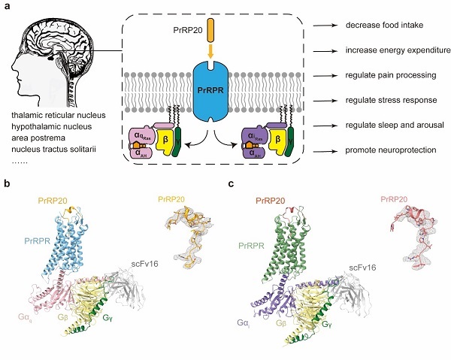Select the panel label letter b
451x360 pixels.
pos(7,183)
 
